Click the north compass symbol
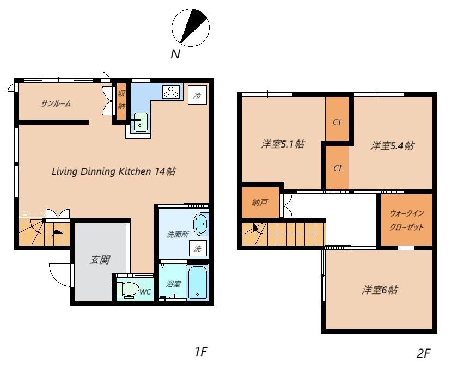click(x=191, y=28)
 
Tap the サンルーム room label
click(x=56, y=103)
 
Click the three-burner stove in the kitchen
click(x=172, y=92)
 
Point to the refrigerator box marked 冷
click(x=197, y=95)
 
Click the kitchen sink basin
click(x=141, y=122)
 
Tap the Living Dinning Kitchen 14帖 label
click(x=114, y=171)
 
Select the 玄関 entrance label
click(x=100, y=260)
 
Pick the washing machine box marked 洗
click(x=198, y=248)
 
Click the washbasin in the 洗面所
click(x=201, y=224)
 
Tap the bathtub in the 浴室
click(x=197, y=283)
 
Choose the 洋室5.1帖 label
click(x=283, y=144)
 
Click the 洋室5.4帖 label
click(x=392, y=146)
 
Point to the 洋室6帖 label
click(x=380, y=290)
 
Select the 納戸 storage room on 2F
click(x=260, y=203)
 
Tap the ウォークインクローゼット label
click(x=407, y=220)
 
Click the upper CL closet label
click(x=337, y=122)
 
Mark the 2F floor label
click(x=423, y=353)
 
